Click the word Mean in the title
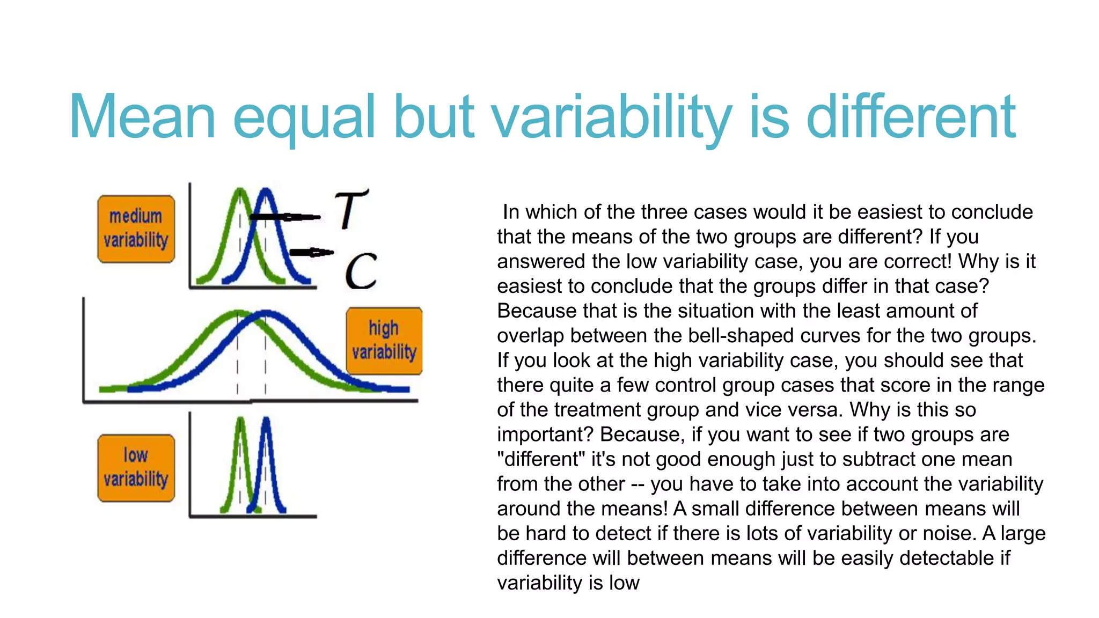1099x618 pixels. click(142, 117)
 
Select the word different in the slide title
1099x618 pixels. click(911, 117)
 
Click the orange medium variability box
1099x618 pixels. click(136, 229)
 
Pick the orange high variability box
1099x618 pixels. click(384, 341)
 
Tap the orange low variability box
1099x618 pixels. click(136, 468)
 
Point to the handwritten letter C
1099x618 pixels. click(361, 271)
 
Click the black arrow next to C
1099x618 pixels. click(311, 252)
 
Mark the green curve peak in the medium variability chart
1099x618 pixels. click(240, 191)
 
